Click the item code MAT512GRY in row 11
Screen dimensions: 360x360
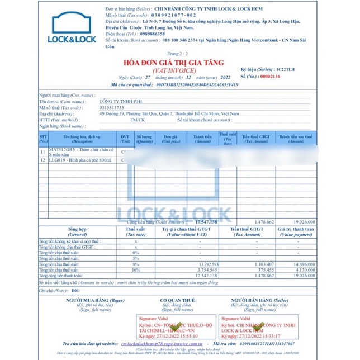(x=60, y=151)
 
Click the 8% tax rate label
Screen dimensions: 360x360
(x=136, y=264)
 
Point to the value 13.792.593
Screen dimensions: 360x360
(x=193, y=264)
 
